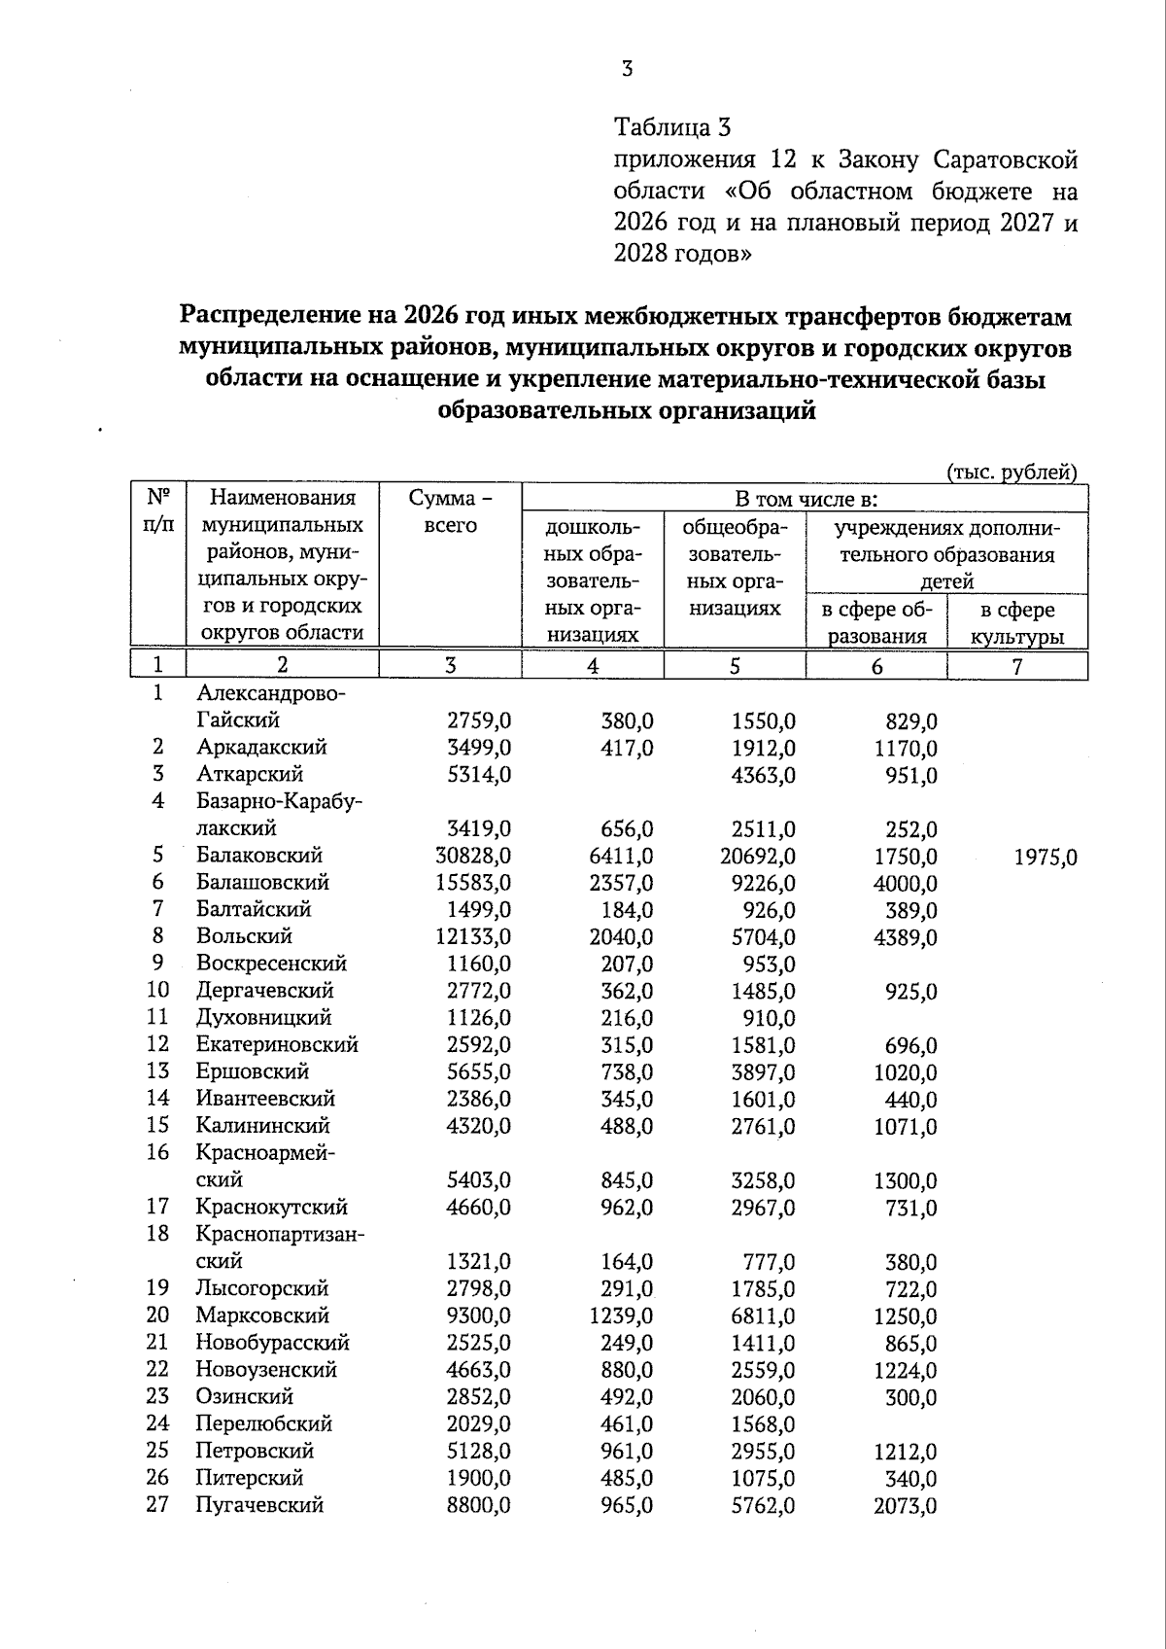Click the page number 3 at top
pyautogui.click(x=627, y=69)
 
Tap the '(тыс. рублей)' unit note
pyautogui.click(x=1012, y=473)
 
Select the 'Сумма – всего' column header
pyautogui.click(x=451, y=511)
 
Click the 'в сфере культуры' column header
pyautogui.click(x=1016, y=623)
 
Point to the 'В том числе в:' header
pyautogui.click(x=806, y=499)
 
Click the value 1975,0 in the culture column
pyautogui.click(x=1045, y=858)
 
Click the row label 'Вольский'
pyautogui.click(x=244, y=936)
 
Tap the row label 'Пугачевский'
pyautogui.click(x=259, y=1505)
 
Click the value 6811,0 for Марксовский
pyautogui.click(x=763, y=1316)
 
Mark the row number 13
pyautogui.click(x=157, y=1070)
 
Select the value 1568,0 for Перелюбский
pyautogui.click(x=763, y=1424)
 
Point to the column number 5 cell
pyautogui.click(x=735, y=665)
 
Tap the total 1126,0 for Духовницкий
pyautogui.click(x=478, y=1018)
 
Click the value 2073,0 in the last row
pyautogui.click(x=904, y=1507)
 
